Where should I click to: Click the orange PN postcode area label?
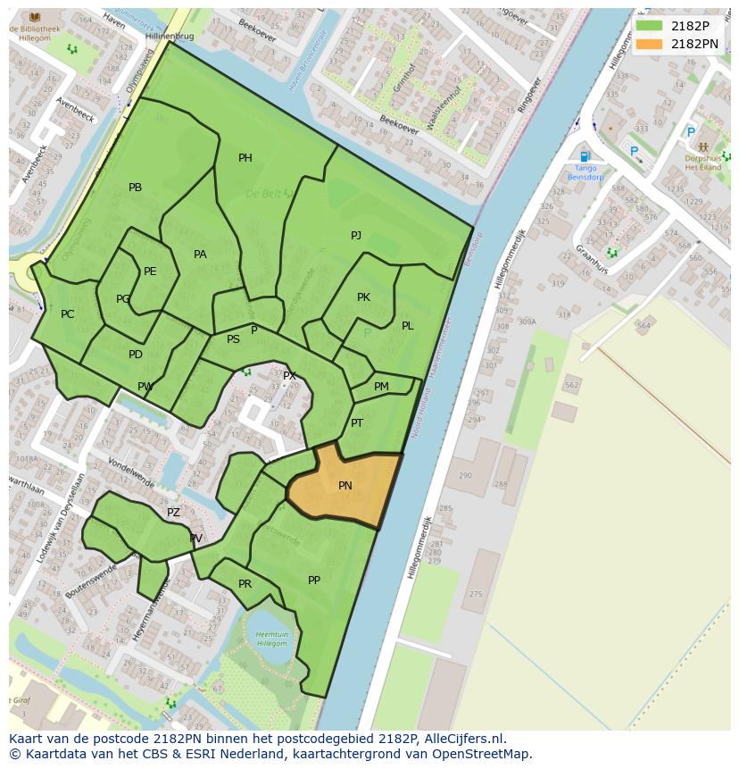345,486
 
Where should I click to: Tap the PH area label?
245,158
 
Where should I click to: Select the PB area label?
135,188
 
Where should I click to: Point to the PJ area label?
355,235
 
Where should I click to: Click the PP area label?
313,580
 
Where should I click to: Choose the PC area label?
67,313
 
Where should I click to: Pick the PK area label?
363,297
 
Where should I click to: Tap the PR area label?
245,584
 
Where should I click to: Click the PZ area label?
173,512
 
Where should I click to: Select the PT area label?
357,423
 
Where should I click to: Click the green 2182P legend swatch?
649,26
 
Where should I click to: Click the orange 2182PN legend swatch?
649,44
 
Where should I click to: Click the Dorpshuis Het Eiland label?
702,163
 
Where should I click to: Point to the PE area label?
150,272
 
